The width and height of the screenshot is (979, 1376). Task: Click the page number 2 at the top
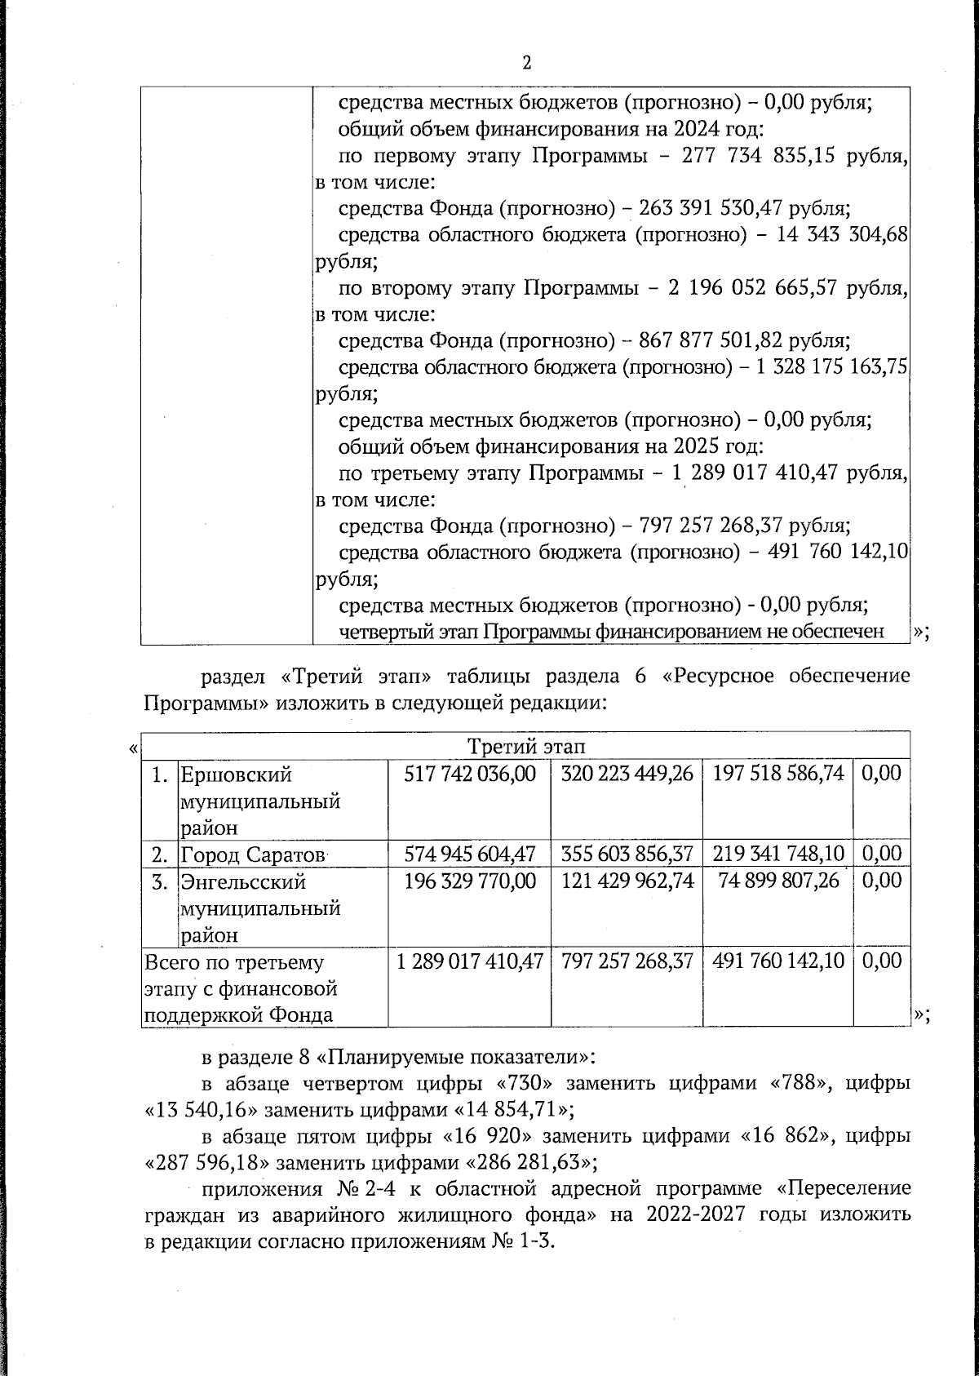tap(526, 63)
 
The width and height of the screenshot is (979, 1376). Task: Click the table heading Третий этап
tap(526, 746)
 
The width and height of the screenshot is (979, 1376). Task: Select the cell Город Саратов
tap(252, 854)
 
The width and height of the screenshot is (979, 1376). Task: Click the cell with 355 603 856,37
tap(627, 854)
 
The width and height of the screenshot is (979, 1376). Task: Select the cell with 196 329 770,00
tap(470, 881)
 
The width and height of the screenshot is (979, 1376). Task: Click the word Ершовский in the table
tap(236, 774)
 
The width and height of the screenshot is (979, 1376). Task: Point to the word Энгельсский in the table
tap(243, 881)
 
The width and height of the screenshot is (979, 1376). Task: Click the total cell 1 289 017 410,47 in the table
tap(470, 961)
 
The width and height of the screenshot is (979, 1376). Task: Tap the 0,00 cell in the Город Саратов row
tap(881, 854)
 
